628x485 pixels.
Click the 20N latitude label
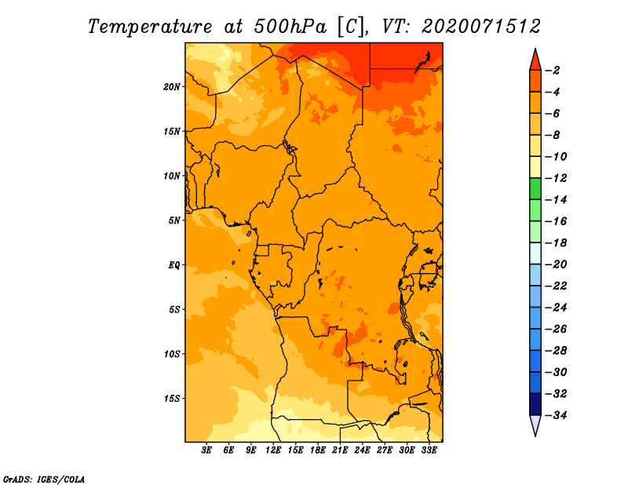[172, 87]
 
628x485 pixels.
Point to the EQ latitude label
[173, 265]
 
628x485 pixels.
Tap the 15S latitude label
[172, 399]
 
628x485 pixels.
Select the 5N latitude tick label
[174, 221]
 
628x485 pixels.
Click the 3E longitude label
[206, 450]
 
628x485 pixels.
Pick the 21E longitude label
[340, 450]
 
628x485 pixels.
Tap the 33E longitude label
[429, 450]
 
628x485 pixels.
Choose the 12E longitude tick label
[273, 450]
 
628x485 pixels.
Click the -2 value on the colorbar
[553, 71]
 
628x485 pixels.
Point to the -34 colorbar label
[556, 415]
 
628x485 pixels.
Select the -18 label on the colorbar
[556, 243]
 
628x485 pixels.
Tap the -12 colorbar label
[556, 178]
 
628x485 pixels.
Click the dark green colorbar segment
[535, 189]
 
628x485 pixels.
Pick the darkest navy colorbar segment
[535, 404]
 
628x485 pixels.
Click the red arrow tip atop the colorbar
[535, 49]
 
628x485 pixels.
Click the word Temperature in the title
[149, 27]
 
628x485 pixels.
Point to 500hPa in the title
[290, 27]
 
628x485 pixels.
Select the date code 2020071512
[480, 27]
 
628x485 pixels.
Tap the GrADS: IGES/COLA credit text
[44, 480]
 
